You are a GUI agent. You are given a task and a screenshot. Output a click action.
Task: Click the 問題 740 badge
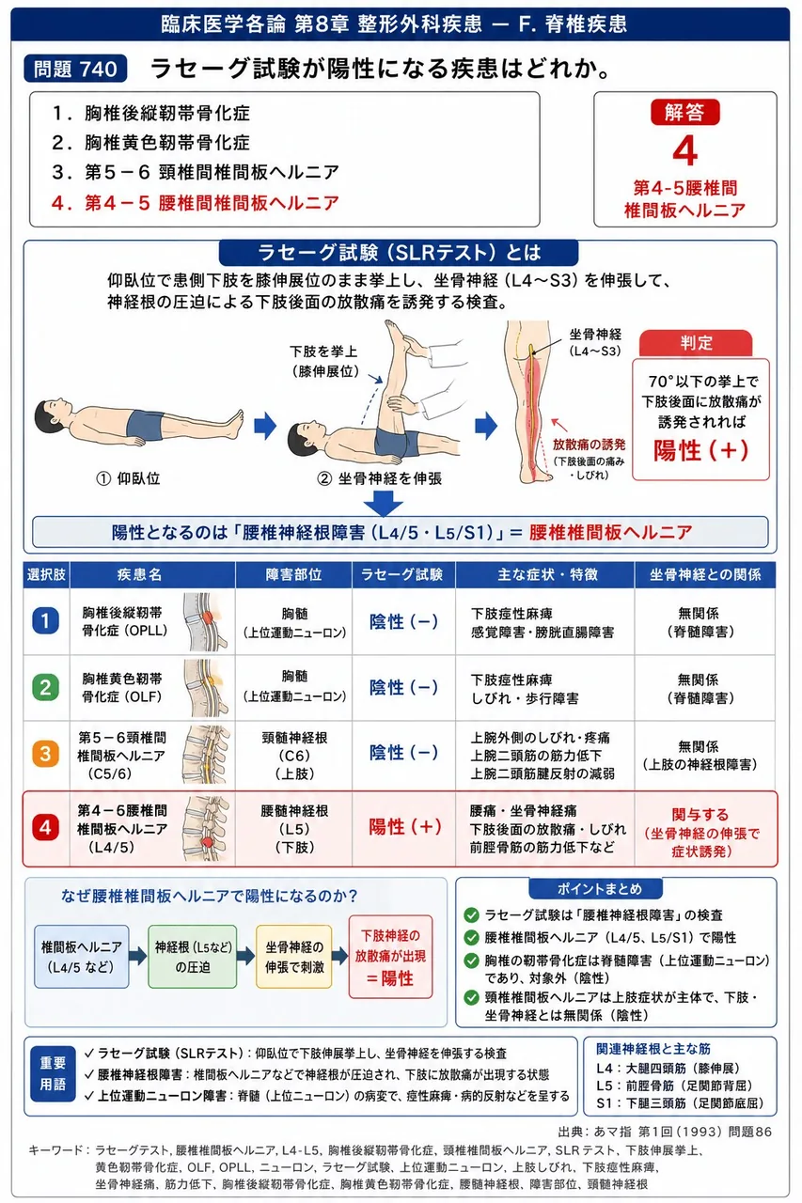click(75, 69)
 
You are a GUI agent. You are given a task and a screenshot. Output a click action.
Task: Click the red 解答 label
click(684, 112)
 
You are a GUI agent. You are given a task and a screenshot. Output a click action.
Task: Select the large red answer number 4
click(684, 151)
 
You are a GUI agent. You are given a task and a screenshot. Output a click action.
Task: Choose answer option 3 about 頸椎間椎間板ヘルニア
click(196, 172)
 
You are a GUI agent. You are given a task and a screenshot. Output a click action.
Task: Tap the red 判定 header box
click(696, 343)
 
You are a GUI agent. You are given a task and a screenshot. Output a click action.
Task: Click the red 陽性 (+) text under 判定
click(700, 450)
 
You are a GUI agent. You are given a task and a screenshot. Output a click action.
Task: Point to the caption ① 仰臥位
click(128, 478)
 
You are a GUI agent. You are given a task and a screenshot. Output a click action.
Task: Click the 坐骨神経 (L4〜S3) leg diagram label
click(595, 343)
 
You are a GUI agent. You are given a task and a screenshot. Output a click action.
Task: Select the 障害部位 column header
click(293, 574)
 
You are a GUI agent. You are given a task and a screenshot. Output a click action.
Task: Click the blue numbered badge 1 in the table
click(46, 621)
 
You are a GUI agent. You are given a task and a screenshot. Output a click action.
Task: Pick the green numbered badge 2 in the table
click(46, 687)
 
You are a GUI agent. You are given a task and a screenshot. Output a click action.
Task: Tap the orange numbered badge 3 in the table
click(46, 754)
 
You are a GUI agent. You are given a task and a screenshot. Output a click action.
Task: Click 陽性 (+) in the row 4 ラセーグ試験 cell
click(405, 827)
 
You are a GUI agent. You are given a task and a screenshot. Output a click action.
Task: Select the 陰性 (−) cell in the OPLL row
click(403, 621)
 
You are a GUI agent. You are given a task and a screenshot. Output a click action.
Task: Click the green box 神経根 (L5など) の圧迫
click(193, 957)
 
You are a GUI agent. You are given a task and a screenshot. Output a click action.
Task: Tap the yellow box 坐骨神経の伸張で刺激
click(294, 957)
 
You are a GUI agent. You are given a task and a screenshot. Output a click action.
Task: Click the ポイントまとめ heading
click(596, 889)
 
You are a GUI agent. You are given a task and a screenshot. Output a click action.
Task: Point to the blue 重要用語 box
click(53, 1074)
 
